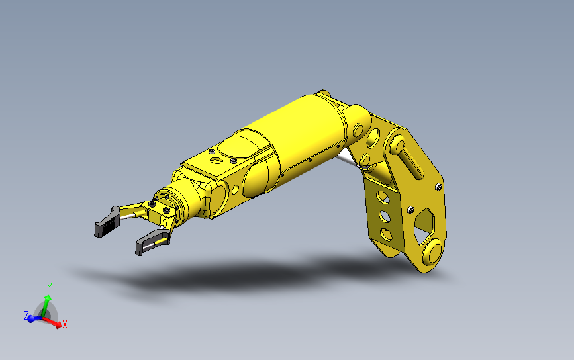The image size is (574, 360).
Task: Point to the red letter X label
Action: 65,325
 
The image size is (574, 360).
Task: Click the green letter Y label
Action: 49,287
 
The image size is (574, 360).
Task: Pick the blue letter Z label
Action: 26,316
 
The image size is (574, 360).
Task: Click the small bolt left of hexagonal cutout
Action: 410,210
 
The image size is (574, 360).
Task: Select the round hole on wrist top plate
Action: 216,161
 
